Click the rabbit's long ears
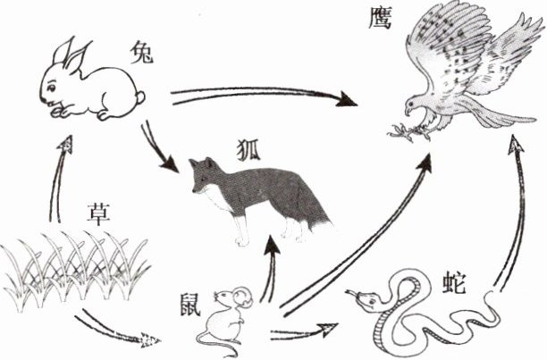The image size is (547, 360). click(73, 54)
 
